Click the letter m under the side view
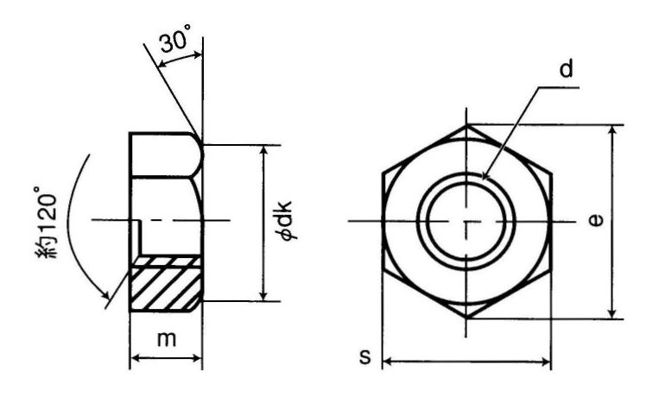pos(166,339)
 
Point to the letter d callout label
pos(567,69)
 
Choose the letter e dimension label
pos(596,220)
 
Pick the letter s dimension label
pos(364,357)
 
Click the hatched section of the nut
pos(166,283)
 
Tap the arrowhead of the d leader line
pos(486,175)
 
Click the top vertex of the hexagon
pos(467,124)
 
